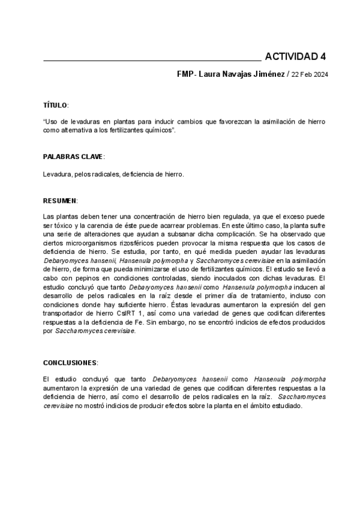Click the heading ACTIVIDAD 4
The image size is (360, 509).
pos(295,57)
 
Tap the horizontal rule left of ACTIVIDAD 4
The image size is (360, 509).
pos(152,61)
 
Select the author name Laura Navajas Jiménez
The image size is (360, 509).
pos(243,74)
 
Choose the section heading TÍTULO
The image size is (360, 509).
pos(55,105)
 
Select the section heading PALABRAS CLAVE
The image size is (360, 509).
pos(73,157)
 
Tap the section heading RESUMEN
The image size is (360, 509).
pos(60,200)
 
